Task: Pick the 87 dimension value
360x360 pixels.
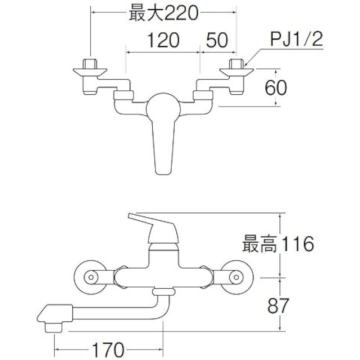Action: [x=278, y=306]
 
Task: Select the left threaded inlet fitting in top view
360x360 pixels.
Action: [x=90, y=72]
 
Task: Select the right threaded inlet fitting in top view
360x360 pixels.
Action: [x=236, y=72]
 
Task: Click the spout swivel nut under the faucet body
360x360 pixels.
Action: [x=163, y=292]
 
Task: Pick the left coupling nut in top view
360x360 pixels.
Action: [x=123, y=96]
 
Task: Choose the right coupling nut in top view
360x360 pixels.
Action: [x=203, y=96]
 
